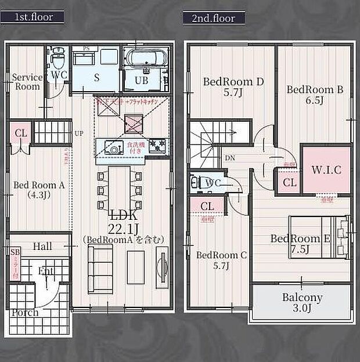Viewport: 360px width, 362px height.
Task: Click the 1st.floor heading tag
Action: coord(34,17)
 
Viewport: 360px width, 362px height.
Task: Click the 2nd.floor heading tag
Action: coord(213,18)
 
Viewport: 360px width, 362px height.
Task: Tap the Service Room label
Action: coord(27,82)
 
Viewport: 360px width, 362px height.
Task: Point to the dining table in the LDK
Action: coord(119,189)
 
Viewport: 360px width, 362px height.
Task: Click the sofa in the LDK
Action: coord(100,267)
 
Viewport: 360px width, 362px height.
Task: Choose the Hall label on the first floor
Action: coord(42,247)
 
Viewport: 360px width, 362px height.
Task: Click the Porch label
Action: coord(25,313)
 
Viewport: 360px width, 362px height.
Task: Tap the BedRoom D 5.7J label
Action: coord(233,86)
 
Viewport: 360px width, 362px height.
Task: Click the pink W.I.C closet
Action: coord(326,170)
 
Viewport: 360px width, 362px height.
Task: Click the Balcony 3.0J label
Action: coord(302,302)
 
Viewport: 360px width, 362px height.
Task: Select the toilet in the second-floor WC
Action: coord(197,183)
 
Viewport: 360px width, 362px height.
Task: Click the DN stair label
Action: coord(229,158)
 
